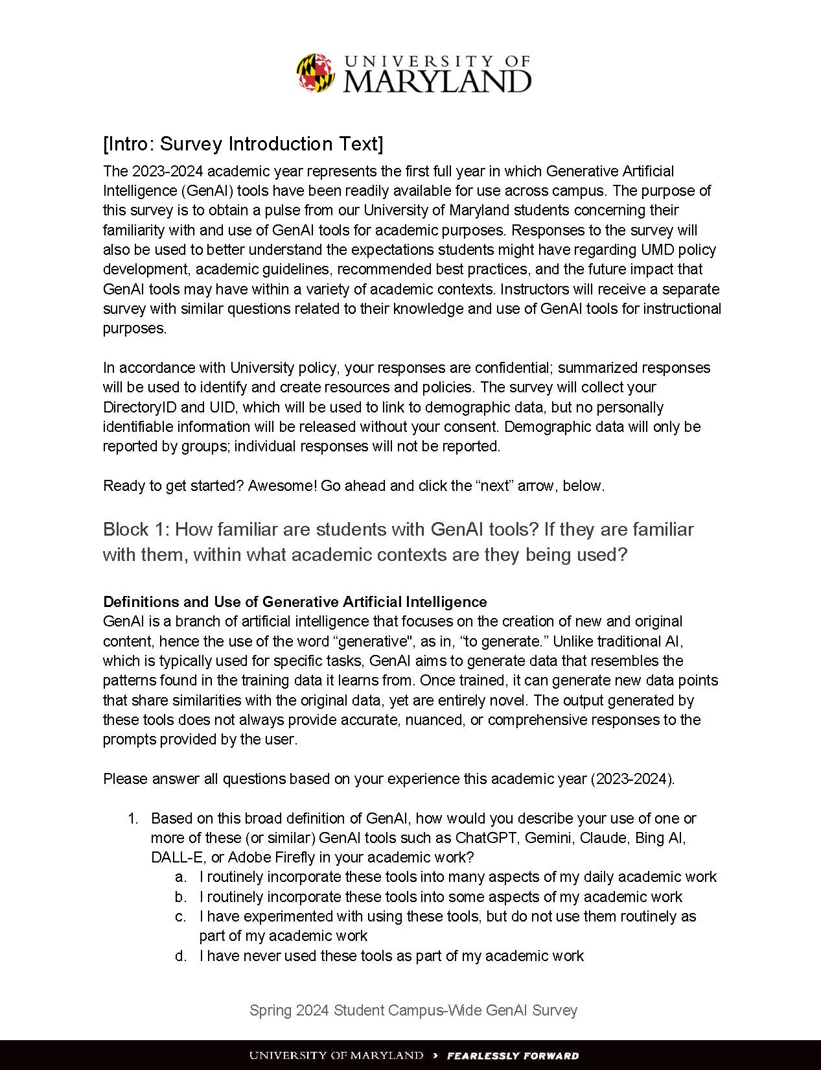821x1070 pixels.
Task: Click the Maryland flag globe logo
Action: [x=316, y=72]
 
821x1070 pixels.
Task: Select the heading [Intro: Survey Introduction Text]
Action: [x=243, y=144]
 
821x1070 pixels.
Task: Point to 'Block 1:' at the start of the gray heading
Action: [x=135, y=530]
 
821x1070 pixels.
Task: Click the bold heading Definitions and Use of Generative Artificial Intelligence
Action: [x=295, y=601]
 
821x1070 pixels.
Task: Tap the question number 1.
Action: [x=133, y=818]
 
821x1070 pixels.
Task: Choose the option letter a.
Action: [x=181, y=877]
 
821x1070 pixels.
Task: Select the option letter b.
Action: [x=181, y=897]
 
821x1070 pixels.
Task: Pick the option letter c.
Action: [x=181, y=917]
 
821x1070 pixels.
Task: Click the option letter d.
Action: [x=181, y=956]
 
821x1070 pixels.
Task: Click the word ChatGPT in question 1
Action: [x=485, y=838]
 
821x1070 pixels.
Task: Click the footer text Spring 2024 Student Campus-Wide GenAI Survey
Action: [x=413, y=1010]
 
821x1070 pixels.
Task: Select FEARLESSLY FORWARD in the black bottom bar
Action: [x=513, y=1056]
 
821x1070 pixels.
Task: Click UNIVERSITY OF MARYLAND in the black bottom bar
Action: [x=336, y=1056]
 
